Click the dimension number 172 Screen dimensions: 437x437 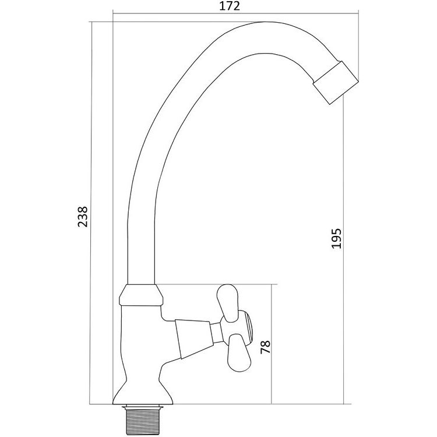230,6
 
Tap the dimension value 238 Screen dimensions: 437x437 83,217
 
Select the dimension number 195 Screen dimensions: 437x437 336,238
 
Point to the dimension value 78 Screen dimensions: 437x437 265,347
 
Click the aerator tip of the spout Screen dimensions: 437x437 335,83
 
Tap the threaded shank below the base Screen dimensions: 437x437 141,420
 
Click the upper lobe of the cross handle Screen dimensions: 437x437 228,303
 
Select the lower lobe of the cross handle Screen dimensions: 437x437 239,353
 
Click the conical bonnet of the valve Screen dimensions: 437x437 193,339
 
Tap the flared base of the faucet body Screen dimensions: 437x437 142,392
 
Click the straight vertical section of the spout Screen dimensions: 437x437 141,251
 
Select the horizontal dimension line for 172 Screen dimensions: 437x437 235,13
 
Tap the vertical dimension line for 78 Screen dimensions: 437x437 271,344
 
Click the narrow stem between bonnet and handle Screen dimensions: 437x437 217,333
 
